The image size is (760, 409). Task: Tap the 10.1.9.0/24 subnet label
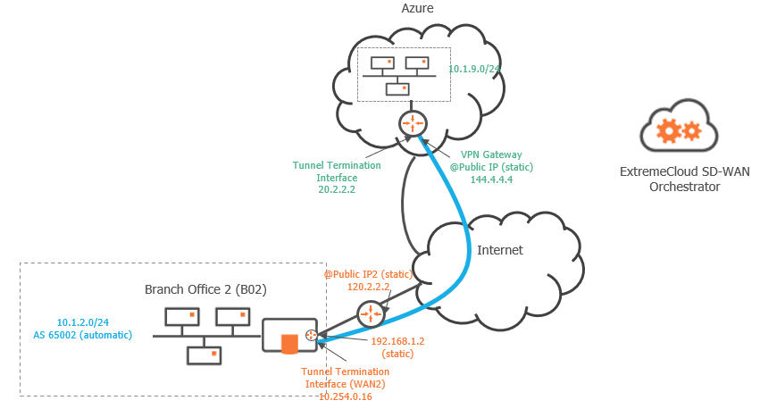tap(474, 69)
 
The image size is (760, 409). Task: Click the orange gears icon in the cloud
tap(678, 132)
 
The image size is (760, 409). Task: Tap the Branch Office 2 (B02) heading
tap(206, 289)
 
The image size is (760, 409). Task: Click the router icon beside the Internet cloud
tap(369, 313)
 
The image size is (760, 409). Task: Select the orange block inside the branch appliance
tap(288, 343)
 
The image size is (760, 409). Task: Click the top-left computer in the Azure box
tap(382, 64)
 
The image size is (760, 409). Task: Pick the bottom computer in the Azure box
tap(397, 89)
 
